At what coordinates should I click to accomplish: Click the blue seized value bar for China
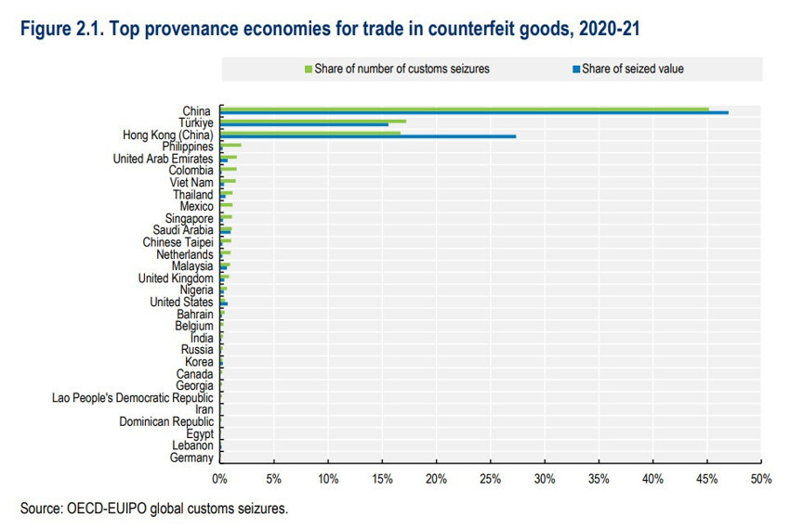(x=474, y=113)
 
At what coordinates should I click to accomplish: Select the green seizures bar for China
(x=465, y=109)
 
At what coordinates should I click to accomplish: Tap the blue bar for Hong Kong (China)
(x=368, y=136)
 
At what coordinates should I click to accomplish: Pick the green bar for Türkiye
(x=313, y=121)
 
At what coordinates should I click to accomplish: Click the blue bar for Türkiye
(x=305, y=125)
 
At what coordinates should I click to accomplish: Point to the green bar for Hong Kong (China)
(x=310, y=133)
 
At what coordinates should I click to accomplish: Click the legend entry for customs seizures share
(x=400, y=69)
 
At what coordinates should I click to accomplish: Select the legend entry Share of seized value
(x=631, y=69)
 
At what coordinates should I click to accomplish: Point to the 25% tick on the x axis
(x=491, y=479)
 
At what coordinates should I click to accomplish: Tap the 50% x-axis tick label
(x=761, y=479)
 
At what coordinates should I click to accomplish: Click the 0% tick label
(x=220, y=479)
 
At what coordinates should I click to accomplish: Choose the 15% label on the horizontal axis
(x=382, y=479)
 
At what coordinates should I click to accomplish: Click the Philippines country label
(x=188, y=147)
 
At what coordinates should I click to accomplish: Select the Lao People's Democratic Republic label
(x=133, y=397)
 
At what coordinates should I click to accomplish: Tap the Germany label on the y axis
(x=191, y=458)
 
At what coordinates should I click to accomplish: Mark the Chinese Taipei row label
(x=178, y=242)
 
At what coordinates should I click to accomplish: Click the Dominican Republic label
(x=166, y=421)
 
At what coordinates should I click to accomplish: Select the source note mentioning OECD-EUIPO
(x=153, y=508)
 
